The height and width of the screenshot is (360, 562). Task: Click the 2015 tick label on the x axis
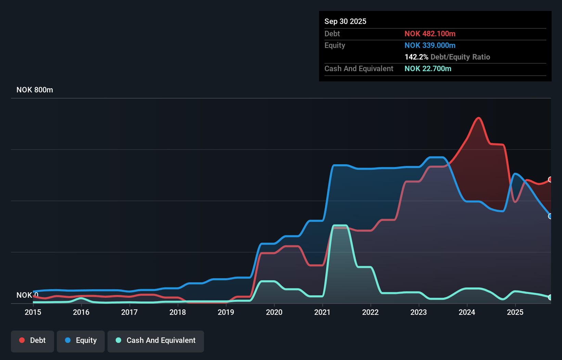tap(33, 312)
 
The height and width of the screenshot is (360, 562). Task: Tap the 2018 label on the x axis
tap(178, 312)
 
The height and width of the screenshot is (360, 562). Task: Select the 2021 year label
tap(322, 312)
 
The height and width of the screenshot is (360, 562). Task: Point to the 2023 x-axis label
tap(419, 312)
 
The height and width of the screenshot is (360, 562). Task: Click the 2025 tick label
tap(515, 312)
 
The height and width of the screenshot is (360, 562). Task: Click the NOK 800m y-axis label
tap(35, 90)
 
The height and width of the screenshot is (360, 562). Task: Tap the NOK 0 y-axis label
tap(27, 295)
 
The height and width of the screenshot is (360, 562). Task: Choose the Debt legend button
tap(33, 340)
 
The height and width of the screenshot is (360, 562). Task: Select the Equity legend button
tap(81, 340)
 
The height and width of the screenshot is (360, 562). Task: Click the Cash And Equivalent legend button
tap(156, 340)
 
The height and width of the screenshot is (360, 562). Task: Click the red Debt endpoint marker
tap(550, 180)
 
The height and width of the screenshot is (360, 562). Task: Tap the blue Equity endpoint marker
tap(550, 216)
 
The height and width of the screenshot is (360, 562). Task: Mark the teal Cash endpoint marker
tap(550, 297)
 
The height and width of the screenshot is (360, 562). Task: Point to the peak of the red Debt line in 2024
tap(478, 118)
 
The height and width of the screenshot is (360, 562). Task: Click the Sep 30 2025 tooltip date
tap(345, 22)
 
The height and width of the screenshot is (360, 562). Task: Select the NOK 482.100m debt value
tap(430, 34)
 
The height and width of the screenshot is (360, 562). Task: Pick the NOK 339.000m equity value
tap(430, 46)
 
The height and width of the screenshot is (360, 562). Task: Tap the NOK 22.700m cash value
tap(428, 69)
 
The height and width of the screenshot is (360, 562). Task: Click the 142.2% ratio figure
tap(416, 57)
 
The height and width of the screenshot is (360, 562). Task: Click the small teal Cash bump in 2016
tap(81, 298)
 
